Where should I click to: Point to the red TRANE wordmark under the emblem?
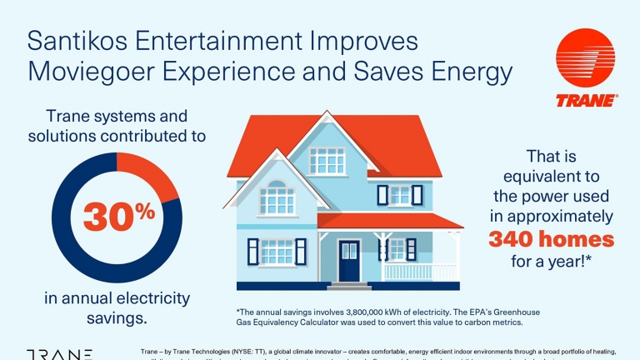pyautogui.click(x=586, y=101)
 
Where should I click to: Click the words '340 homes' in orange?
pyautogui.click(x=550, y=240)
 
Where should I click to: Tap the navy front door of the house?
pyautogui.click(x=349, y=260)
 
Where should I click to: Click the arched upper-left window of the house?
pyautogui.click(x=276, y=198)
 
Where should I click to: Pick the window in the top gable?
pyautogui.click(x=327, y=161)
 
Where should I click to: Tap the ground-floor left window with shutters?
pyautogui.click(x=276, y=251)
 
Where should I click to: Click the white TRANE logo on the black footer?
pyautogui.click(x=58, y=354)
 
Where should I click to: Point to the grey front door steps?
pyautogui.click(x=349, y=286)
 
